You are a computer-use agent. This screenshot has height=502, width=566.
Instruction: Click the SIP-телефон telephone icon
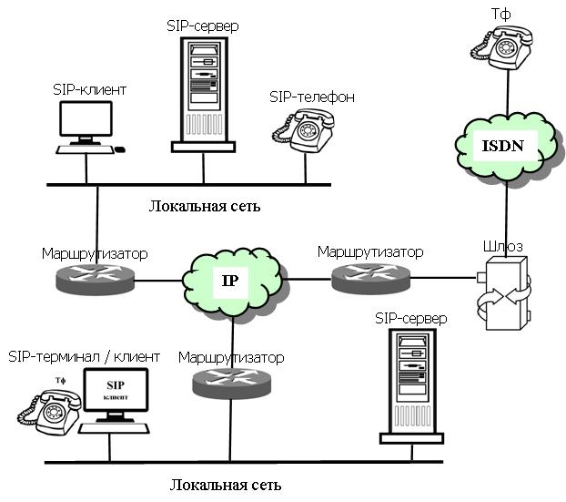(x=304, y=130)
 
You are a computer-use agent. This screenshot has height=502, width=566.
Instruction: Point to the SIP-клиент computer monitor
(x=86, y=123)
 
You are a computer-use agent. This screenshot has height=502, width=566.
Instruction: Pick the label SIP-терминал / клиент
(x=84, y=355)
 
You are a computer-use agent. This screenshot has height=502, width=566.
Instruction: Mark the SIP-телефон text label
(x=312, y=96)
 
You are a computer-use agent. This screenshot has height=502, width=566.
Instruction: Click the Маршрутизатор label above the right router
(x=370, y=250)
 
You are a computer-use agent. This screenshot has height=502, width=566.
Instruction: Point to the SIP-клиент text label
(x=89, y=89)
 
